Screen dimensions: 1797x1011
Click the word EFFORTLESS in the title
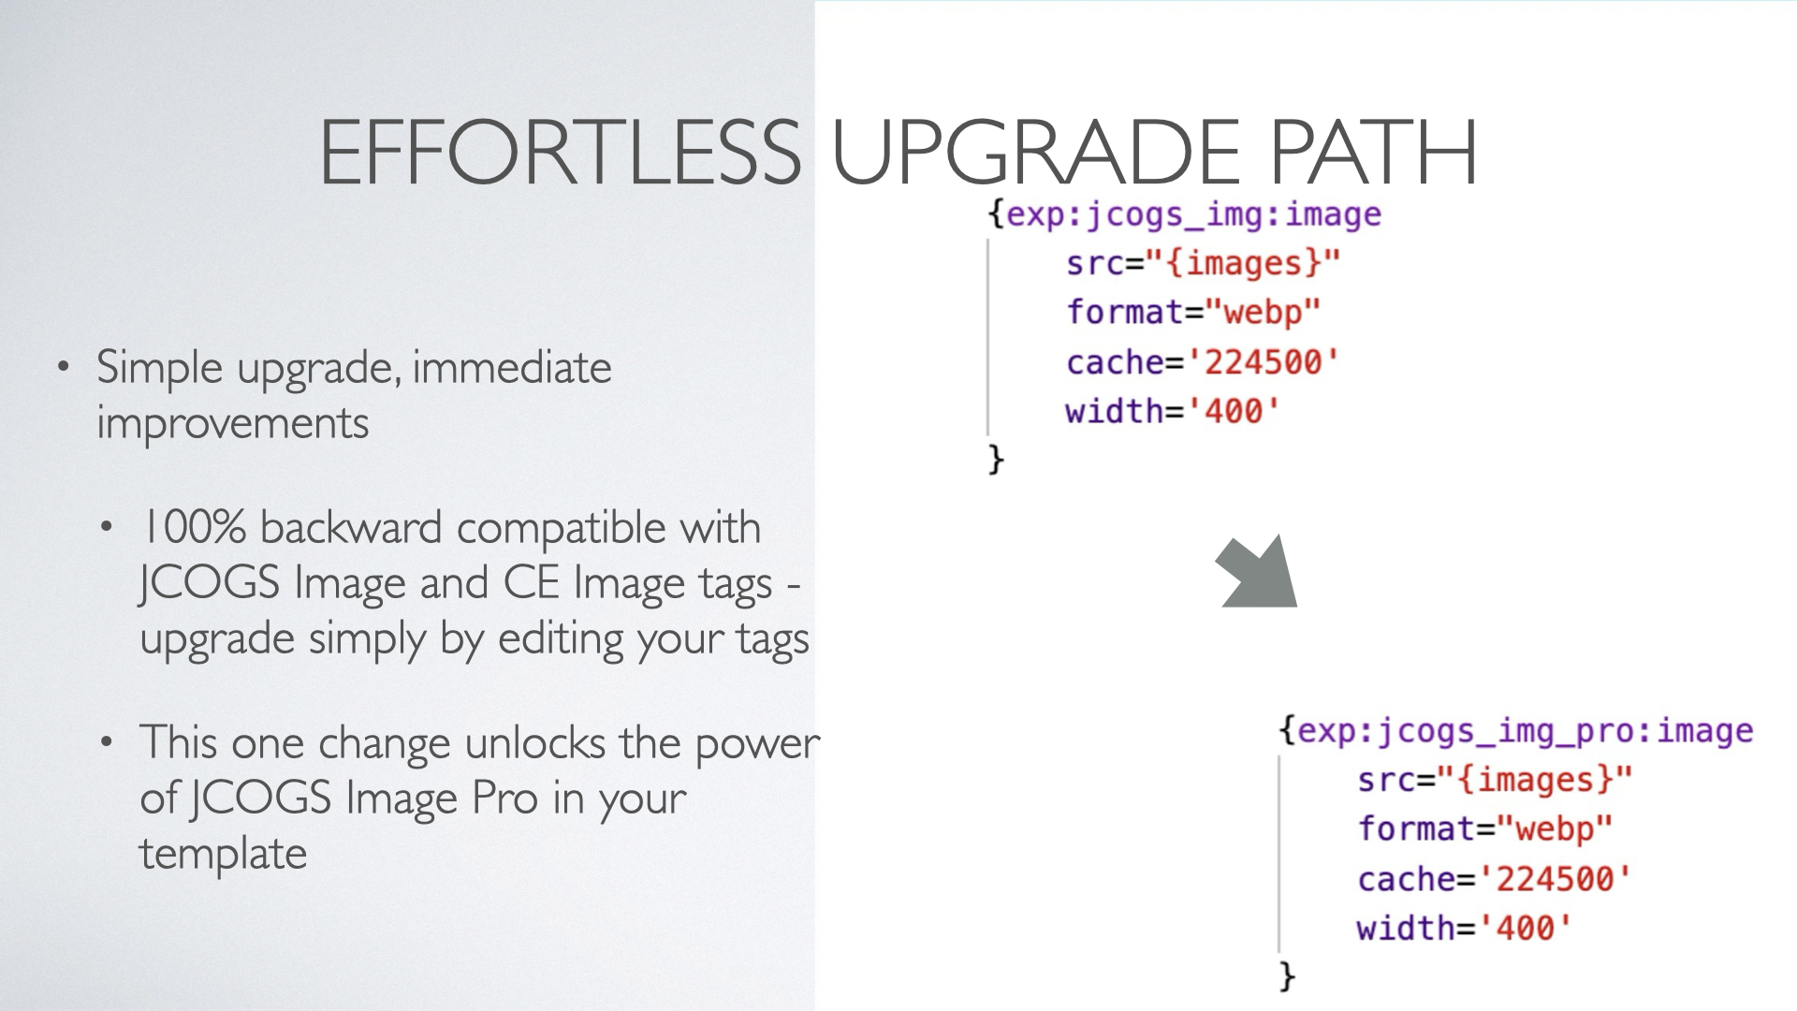(560, 152)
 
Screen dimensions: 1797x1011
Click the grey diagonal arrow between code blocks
(1257, 571)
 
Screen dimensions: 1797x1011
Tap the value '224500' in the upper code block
(1263, 361)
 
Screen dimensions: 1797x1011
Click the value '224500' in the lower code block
(1555, 878)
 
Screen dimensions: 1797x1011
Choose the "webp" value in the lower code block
(1554, 828)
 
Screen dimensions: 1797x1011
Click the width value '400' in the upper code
(1233, 411)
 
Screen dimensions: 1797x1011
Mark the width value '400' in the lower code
(1525, 928)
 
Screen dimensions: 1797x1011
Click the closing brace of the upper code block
(996, 460)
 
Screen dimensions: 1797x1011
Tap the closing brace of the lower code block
(1288, 976)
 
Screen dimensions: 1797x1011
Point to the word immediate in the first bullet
(512, 367)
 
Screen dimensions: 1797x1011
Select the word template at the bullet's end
(224, 854)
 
